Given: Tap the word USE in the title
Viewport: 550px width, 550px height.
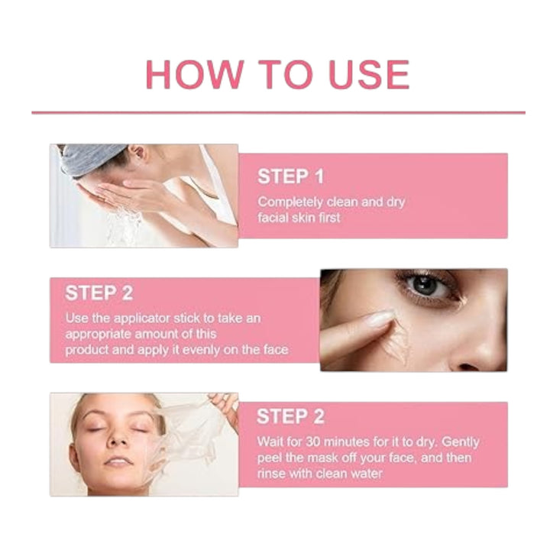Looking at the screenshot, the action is (370, 74).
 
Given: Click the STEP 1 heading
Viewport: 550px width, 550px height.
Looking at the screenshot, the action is (290, 176).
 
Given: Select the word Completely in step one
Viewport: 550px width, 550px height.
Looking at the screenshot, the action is (290, 202).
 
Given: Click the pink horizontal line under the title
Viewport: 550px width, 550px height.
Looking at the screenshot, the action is (279, 112).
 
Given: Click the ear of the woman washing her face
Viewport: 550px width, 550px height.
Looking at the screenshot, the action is (138, 153).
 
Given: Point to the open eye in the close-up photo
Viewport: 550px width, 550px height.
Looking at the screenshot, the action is (426, 285).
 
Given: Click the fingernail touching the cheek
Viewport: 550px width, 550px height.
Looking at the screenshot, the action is (380, 318).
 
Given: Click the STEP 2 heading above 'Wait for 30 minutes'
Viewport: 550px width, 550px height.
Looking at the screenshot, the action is (291, 417).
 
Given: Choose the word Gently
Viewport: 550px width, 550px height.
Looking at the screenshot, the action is (460, 442).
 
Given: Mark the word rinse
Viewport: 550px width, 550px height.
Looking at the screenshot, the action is (270, 474).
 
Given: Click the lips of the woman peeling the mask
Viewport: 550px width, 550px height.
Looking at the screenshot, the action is (118, 460).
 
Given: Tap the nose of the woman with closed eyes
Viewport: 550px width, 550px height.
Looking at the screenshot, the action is (118, 438).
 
